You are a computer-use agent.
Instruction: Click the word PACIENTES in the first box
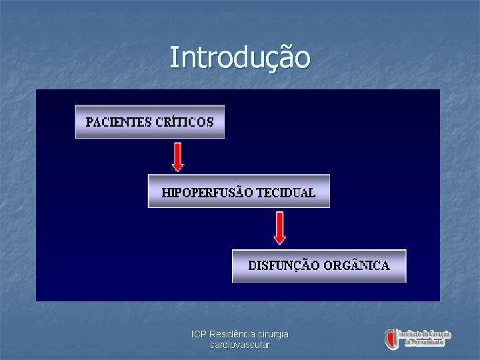click(117, 122)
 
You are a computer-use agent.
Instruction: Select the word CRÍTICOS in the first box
click(185, 122)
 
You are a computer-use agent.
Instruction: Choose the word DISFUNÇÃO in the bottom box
click(284, 266)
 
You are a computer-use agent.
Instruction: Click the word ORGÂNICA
click(357, 266)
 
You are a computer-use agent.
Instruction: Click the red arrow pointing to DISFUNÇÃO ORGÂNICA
click(280, 228)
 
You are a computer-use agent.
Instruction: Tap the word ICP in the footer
click(199, 334)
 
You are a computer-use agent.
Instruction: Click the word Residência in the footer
click(230, 334)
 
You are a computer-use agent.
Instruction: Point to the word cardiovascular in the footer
click(239, 345)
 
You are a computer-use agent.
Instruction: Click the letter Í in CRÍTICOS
click(172, 121)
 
